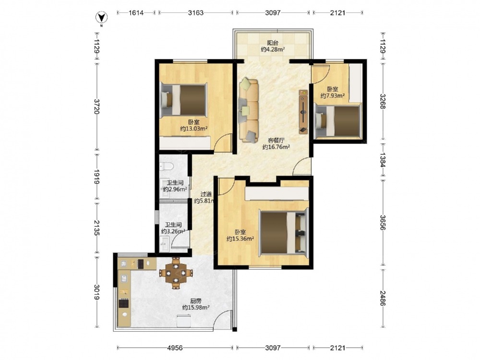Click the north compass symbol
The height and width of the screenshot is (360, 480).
coord(101,18)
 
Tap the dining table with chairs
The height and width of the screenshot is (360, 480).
coord(176,273)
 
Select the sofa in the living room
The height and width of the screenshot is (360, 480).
coord(249,110)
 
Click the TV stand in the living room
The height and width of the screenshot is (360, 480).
coord(303,112)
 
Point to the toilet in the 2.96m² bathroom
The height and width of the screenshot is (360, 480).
coord(167,166)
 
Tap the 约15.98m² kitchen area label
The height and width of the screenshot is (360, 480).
coord(196,308)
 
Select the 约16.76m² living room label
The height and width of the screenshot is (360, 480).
coord(276,147)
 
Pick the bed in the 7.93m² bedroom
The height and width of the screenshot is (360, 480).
coord(338,121)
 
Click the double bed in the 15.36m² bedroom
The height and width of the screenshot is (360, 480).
coord(283,231)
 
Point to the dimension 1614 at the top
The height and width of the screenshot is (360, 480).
coord(136,13)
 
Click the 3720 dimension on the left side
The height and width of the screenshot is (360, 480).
coord(97,106)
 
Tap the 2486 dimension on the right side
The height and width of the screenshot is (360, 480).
coord(383,298)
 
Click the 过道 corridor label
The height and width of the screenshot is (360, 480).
coord(206,194)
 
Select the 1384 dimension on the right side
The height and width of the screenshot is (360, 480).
coord(383,159)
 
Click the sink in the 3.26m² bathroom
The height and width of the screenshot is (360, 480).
coord(164,244)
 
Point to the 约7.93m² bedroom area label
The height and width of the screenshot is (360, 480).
coord(333,96)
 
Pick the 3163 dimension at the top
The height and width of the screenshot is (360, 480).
coord(196,13)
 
